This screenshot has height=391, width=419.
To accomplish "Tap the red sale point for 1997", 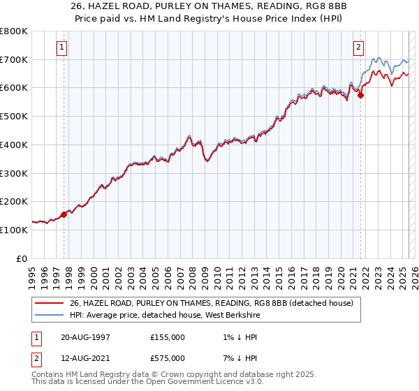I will [x=64, y=214].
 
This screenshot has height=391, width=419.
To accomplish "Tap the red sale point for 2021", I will [x=360, y=96].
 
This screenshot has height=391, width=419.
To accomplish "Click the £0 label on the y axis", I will [x=23, y=258].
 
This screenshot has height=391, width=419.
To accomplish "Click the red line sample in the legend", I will [x=48, y=303].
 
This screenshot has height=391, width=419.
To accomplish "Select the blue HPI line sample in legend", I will [x=48, y=315].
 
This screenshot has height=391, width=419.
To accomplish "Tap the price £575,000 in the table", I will [x=168, y=357].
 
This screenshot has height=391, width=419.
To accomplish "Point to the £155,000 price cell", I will [x=168, y=337].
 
